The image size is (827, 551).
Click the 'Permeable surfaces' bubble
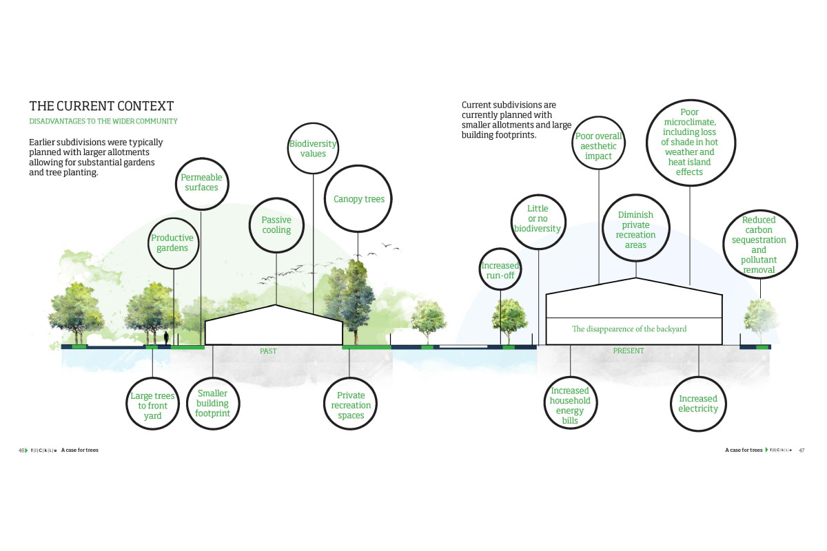click(x=201, y=183)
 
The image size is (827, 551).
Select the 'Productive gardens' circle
click(x=172, y=242)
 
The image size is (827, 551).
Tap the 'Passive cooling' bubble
click(x=276, y=225)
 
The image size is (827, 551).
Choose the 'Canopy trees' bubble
click(x=358, y=200)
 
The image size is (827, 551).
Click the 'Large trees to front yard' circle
click(x=152, y=406)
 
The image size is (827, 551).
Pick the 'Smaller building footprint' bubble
click(x=212, y=404)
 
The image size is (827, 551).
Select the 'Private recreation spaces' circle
click(x=351, y=405)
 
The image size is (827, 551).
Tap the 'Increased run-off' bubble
click(x=500, y=271)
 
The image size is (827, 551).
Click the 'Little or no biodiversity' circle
click(x=538, y=219)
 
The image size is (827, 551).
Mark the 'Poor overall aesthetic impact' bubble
click(x=598, y=146)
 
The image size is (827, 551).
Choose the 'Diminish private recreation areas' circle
click(x=635, y=230)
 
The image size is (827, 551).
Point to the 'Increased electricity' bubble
click(x=698, y=404)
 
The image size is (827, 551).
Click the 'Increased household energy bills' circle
click(x=570, y=405)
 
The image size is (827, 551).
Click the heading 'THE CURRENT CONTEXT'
click(x=101, y=106)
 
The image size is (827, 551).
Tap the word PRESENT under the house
click(x=629, y=351)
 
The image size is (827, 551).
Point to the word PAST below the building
click(x=268, y=351)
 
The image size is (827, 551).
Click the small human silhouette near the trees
click(x=166, y=337)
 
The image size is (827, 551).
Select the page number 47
click(x=802, y=450)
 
